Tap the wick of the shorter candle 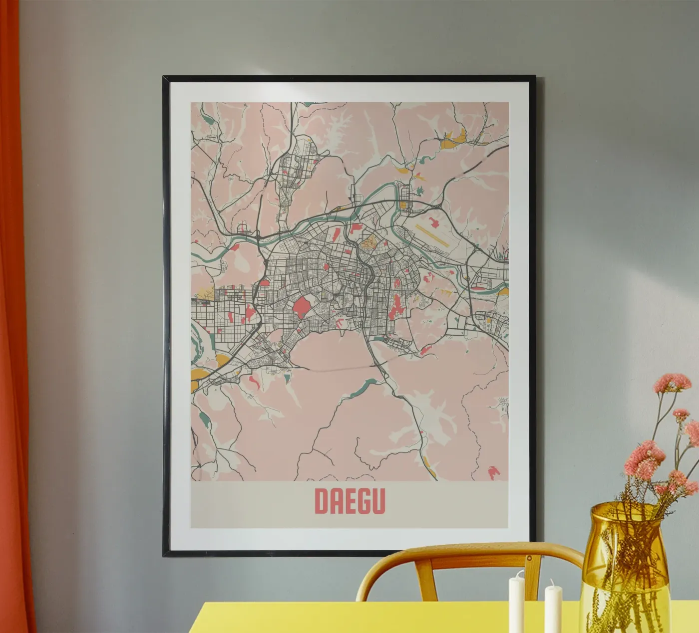(x=552, y=582)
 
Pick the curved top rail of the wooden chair (x=469, y=551)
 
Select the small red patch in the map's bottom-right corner (x=493, y=469)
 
